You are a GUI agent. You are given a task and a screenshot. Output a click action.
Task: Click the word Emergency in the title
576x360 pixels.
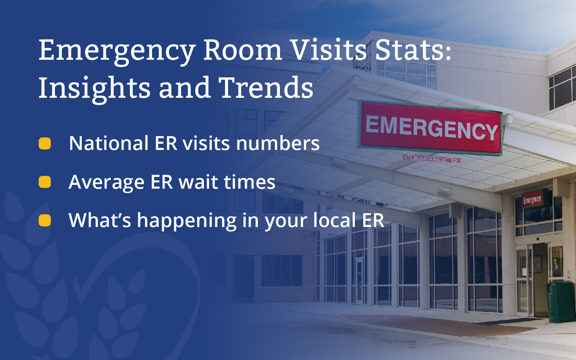coord(117,52)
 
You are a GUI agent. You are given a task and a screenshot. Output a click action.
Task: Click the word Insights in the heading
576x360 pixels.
coord(94,89)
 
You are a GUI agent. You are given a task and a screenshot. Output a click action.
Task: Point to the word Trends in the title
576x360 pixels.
coord(266,87)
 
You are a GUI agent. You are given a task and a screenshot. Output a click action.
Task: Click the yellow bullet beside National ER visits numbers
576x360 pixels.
coord(45,143)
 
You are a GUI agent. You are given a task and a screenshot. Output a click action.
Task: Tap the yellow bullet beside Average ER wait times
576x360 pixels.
coord(45,182)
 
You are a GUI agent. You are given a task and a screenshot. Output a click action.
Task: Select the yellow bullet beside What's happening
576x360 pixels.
coord(45,220)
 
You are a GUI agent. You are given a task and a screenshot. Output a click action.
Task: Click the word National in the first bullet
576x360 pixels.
coord(109,143)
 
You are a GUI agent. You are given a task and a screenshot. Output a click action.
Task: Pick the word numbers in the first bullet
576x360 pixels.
coord(278,143)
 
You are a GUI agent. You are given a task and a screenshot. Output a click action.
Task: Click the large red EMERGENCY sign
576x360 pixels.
coord(430,128)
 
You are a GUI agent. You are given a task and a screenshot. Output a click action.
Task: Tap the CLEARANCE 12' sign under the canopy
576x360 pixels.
coord(432,159)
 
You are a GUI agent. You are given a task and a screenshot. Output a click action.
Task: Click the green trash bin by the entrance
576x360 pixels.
coord(561,302)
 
